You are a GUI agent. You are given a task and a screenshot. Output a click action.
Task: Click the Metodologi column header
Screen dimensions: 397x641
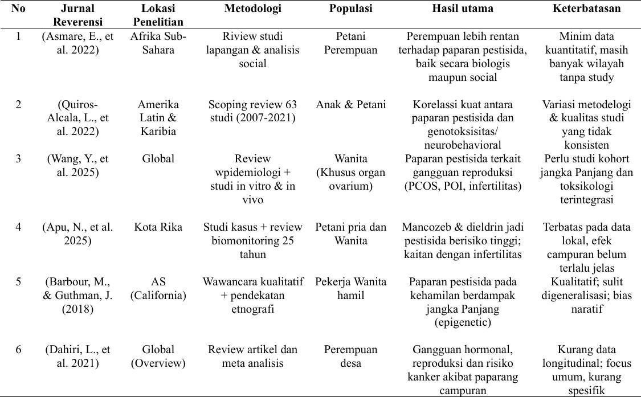tap(252, 9)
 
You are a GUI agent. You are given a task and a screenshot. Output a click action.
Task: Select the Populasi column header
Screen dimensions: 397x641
tap(350, 9)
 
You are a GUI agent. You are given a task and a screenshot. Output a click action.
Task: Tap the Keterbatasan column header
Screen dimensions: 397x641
tap(586, 9)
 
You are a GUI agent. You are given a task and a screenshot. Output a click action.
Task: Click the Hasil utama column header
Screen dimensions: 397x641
tap(462, 9)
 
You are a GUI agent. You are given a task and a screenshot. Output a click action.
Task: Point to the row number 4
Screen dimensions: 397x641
tap(19, 227)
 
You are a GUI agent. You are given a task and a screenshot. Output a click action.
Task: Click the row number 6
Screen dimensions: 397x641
tap(19, 350)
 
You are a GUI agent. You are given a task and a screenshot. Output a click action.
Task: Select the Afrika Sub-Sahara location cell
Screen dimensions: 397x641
tap(158, 43)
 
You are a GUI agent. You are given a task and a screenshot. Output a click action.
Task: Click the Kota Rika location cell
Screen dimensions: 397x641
tap(158, 227)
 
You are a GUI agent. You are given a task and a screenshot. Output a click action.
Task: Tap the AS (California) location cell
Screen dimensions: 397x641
tap(158, 288)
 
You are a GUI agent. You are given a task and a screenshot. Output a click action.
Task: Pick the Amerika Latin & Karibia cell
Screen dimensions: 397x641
tap(158, 118)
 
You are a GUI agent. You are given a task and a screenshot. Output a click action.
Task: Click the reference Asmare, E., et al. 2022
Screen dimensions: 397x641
tap(77, 43)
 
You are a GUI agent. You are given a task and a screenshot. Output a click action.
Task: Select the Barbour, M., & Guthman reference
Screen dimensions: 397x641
tap(77, 295)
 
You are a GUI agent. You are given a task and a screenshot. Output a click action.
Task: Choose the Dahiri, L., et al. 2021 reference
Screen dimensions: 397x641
tap(77, 356)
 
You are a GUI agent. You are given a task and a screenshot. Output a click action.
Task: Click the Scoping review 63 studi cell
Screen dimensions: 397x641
tap(252, 111)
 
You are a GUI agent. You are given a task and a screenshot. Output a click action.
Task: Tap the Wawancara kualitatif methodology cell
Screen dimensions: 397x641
tap(252, 295)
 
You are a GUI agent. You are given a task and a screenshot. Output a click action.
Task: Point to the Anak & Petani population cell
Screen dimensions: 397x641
tap(350, 105)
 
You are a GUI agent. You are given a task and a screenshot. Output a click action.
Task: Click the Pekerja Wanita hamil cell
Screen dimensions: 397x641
tap(350, 288)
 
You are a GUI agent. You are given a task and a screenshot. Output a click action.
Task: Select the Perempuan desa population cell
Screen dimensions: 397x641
tap(350, 356)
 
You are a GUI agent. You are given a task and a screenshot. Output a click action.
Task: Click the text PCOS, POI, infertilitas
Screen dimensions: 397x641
tap(462, 186)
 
